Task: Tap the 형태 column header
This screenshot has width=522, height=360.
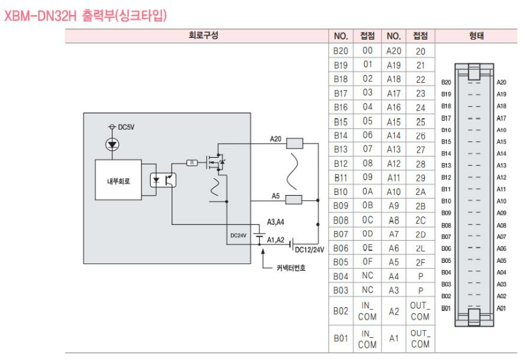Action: (x=476, y=36)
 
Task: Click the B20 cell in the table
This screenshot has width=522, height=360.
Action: (x=341, y=50)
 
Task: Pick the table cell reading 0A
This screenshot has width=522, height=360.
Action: (x=367, y=192)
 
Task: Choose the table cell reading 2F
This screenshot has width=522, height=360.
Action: (x=420, y=262)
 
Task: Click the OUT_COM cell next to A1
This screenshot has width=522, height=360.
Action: (x=420, y=338)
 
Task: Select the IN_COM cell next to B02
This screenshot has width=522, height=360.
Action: (x=367, y=311)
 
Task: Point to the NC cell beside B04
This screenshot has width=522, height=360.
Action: (x=367, y=276)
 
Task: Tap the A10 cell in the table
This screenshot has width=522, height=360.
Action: (x=393, y=192)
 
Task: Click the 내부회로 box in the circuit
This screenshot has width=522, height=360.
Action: (x=118, y=181)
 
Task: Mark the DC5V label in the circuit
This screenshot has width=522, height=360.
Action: (x=125, y=127)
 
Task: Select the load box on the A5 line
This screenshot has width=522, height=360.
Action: (x=294, y=199)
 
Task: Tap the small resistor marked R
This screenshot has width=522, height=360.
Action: (x=192, y=162)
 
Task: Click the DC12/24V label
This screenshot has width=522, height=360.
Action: (x=309, y=249)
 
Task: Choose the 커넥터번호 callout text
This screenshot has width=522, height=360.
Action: (x=290, y=267)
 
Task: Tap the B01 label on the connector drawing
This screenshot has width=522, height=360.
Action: (x=446, y=308)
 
